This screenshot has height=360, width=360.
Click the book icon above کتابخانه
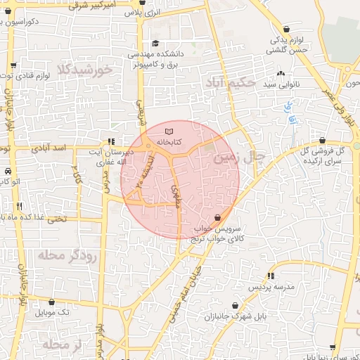[x=167, y=131]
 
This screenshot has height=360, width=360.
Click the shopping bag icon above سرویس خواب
[x=217, y=218]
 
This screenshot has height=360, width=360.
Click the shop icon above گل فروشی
[x=322, y=140]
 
